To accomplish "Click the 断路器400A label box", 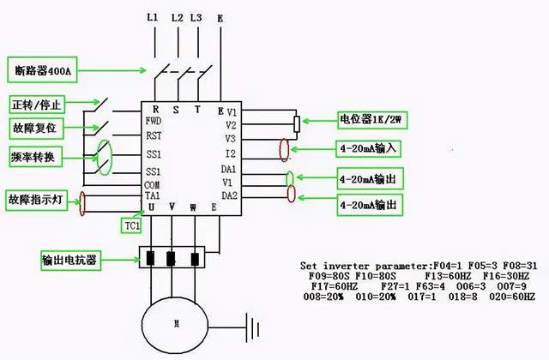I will click(x=43, y=69).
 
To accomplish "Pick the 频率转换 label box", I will click(x=33, y=157).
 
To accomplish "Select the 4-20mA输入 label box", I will click(x=371, y=147).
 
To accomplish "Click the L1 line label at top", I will click(x=153, y=17).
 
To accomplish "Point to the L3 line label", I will click(x=197, y=17).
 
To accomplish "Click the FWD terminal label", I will click(x=154, y=121).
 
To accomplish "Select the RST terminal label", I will click(x=154, y=135).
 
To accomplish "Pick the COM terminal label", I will click(x=154, y=184).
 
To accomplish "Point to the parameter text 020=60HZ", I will click(x=511, y=297).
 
